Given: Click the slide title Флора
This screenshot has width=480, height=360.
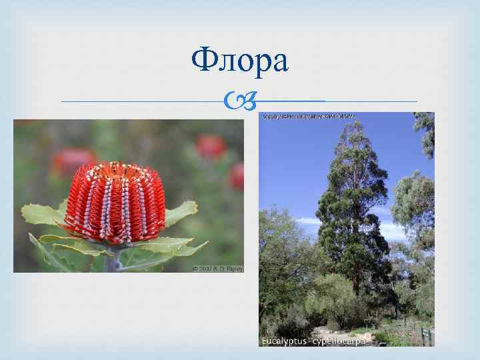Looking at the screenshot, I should point(239,61).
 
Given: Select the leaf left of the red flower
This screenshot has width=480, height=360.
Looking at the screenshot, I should point(43,215).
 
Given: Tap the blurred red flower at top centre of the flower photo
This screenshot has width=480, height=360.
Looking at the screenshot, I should point(211,147).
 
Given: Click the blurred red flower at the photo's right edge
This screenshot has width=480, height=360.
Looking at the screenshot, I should point(237,176).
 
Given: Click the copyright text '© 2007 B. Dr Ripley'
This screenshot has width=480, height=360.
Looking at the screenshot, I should point(217,268).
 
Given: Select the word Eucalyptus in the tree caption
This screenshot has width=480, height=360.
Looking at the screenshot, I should point(283,341).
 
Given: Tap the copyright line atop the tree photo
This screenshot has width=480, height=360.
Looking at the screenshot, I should point(309,117).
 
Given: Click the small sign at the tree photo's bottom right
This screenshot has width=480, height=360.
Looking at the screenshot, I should point(425,332).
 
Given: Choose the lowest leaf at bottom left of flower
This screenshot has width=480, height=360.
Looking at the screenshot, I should point(50,257).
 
